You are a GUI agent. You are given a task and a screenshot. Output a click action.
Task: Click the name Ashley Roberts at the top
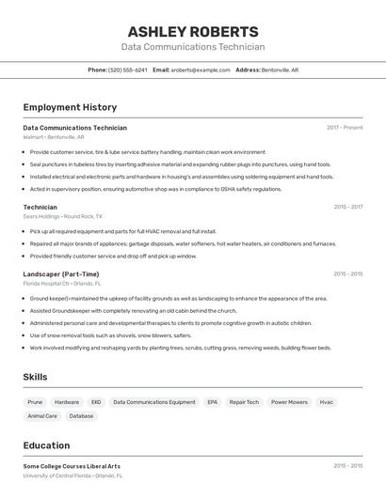click(x=192, y=32)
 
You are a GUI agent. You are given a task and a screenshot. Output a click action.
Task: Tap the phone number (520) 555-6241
click(x=128, y=70)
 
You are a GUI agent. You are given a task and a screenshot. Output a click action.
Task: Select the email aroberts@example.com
click(x=201, y=70)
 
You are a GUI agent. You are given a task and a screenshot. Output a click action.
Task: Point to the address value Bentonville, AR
click(x=280, y=70)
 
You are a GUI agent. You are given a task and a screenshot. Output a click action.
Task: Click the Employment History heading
click(x=70, y=107)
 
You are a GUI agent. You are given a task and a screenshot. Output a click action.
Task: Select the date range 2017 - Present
click(x=345, y=127)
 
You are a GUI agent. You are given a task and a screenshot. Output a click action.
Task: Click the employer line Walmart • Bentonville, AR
click(x=54, y=136)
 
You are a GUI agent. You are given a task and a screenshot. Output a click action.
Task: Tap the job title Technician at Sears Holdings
click(x=40, y=207)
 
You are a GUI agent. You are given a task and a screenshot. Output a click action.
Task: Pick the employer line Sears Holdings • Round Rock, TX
click(x=63, y=216)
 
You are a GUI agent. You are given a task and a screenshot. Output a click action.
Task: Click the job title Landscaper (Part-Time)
click(x=60, y=274)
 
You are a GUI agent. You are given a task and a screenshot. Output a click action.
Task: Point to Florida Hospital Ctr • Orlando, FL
click(x=62, y=283)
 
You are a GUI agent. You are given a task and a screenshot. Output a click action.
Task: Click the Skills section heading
click(x=36, y=377)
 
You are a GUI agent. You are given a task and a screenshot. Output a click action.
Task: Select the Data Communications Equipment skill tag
click(x=154, y=402)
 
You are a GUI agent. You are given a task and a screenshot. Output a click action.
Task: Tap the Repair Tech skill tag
click(x=244, y=402)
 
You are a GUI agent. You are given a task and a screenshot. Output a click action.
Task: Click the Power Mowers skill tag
click(x=289, y=402)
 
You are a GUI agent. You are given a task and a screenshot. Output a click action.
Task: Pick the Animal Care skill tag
click(x=42, y=415)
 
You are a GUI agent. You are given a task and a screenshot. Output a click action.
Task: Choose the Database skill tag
click(x=82, y=415)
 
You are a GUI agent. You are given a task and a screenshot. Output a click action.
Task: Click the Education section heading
click(x=47, y=445)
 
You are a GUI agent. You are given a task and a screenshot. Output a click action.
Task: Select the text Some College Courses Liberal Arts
click(x=72, y=466)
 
